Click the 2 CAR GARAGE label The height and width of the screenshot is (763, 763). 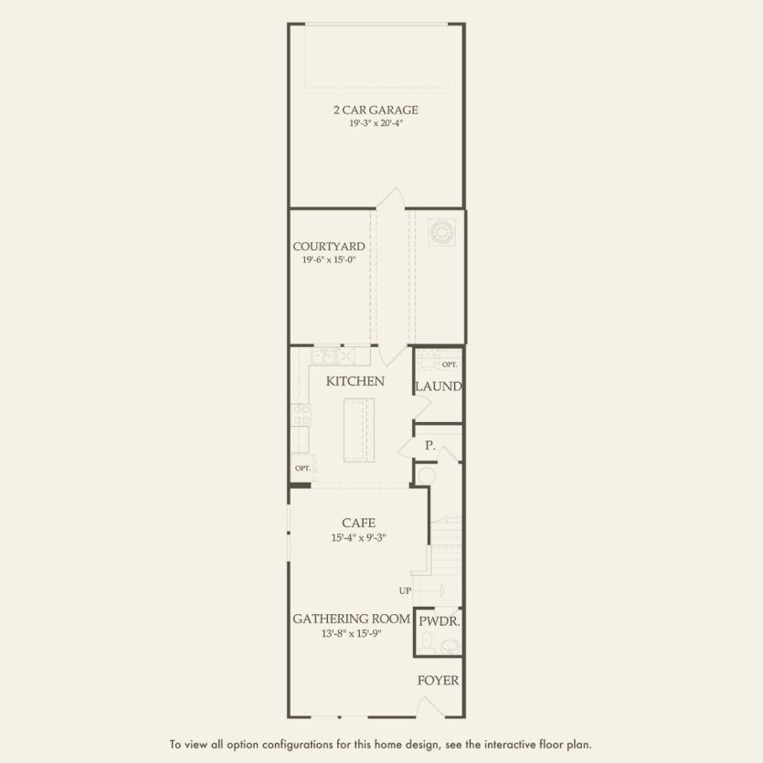click(376, 110)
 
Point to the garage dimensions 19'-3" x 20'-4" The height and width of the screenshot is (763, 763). click(376, 122)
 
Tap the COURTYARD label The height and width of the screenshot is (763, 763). click(329, 246)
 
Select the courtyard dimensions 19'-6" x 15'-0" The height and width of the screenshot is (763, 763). click(329, 260)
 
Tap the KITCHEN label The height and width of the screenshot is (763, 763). click(355, 381)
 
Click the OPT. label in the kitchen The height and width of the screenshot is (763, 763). click(302, 468)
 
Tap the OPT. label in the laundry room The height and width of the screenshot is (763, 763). click(449, 364)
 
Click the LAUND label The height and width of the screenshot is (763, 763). click(439, 387)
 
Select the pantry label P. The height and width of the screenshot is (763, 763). click(429, 446)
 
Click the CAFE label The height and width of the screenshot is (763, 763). click(358, 523)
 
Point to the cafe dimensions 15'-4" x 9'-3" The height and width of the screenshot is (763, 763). click(358, 537)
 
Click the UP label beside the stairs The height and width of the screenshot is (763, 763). click(405, 590)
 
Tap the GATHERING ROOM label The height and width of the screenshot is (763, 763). click(351, 619)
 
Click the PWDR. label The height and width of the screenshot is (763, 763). click(439, 621)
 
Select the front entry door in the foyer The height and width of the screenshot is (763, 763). click(429, 708)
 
